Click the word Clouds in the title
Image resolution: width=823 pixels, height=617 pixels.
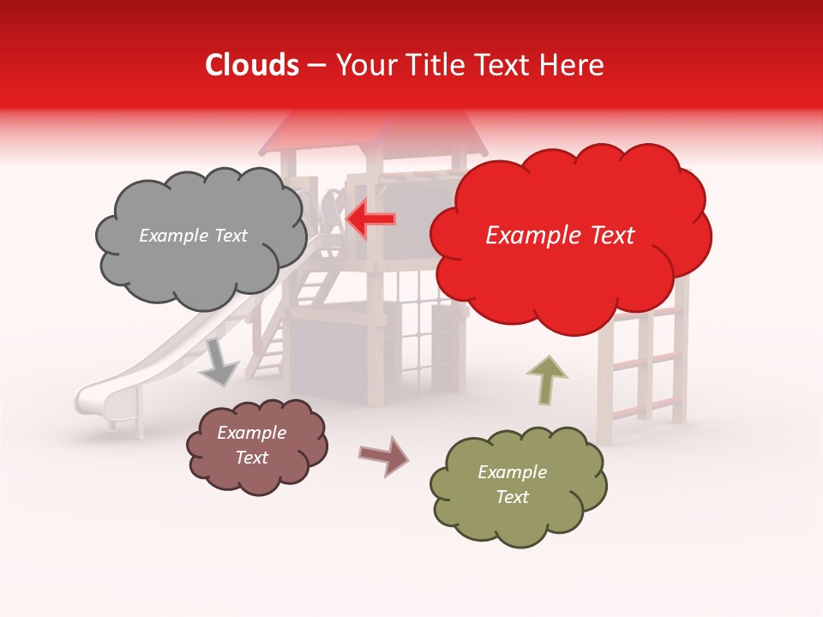click(252, 65)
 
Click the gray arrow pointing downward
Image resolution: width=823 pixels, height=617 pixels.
click(219, 362)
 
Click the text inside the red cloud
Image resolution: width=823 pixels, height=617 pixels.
click(560, 236)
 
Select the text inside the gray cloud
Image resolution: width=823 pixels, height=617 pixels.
click(193, 236)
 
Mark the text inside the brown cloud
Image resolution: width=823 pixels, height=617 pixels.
click(252, 446)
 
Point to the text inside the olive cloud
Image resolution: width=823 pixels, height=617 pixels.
click(512, 484)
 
